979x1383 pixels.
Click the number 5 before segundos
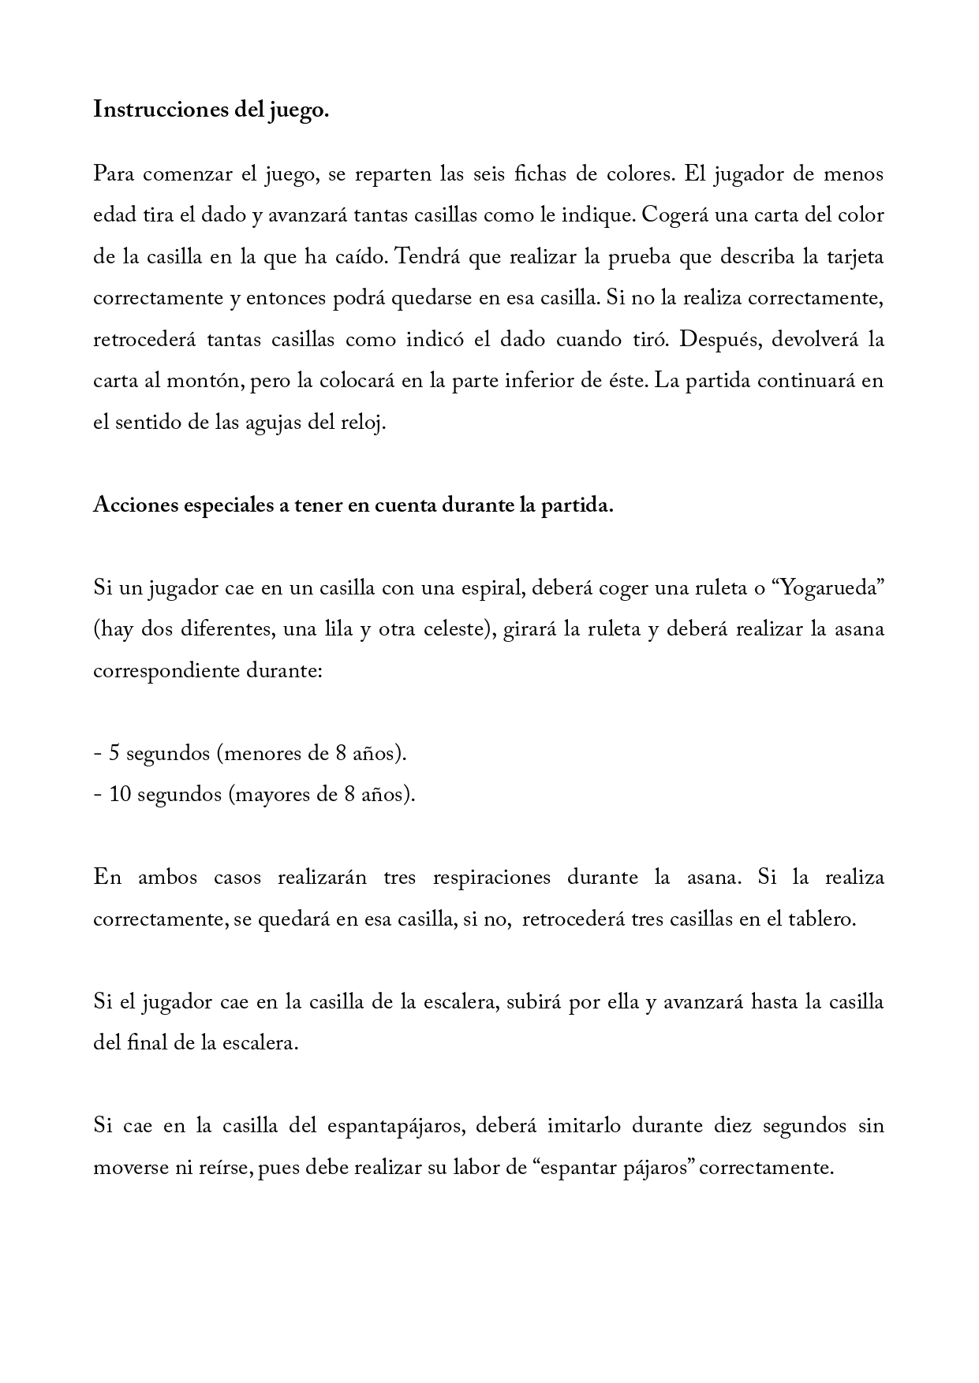click(x=114, y=754)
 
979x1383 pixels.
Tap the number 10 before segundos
click(x=120, y=795)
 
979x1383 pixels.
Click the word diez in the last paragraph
click(x=733, y=1126)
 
